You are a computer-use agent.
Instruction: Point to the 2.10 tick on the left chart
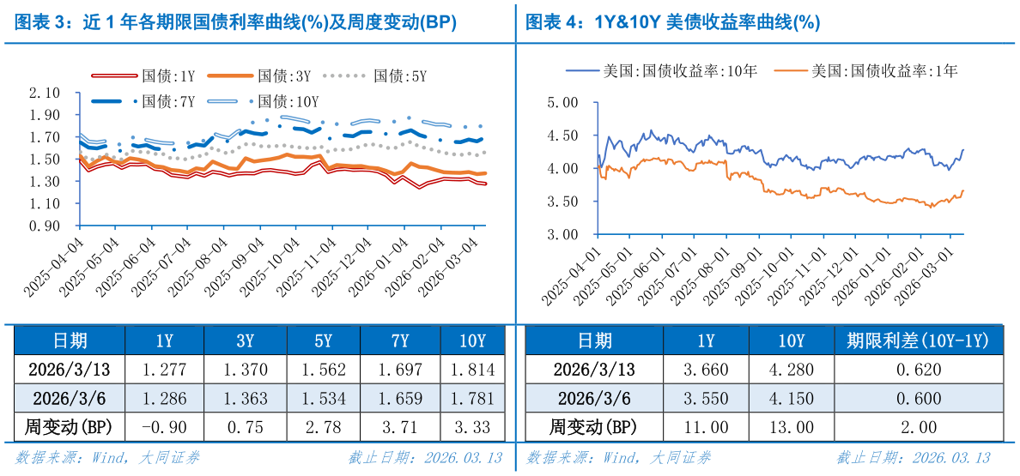pyautogui.click(x=45, y=93)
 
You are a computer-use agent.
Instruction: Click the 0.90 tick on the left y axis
pyautogui.click(x=45, y=226)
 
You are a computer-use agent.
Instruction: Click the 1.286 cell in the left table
pyautogui.click(x=164, y=399)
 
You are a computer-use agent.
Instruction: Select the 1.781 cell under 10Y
pyautogui.click(x=472, y=399)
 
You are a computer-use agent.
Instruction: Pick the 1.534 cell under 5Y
pyautogui.click(x=323, y=399)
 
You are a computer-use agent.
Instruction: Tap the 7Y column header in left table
pyautogui.click(x=399, y=341)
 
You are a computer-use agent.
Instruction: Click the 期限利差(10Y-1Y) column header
pyautogui.click(x=918, y=341)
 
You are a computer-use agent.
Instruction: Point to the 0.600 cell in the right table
pyautogui.click(x=918, y=399)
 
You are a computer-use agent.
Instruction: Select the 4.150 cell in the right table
pyautogui.click(x=791, y=399)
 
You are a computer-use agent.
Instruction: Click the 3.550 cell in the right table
pyautogui.click(x=706, y=399)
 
